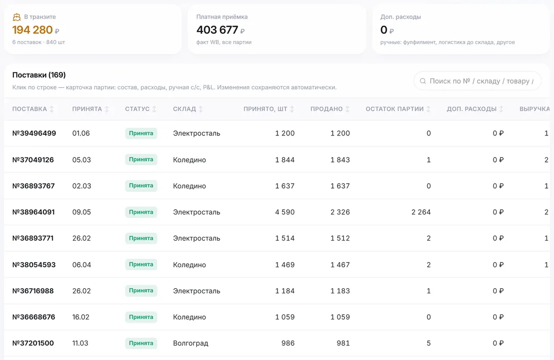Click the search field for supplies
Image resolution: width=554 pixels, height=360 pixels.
click(x=478, y=81)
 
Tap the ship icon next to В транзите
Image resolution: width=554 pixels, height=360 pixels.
click(x=16, y=17)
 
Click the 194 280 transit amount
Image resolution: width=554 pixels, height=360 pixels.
click(x=32, y=30)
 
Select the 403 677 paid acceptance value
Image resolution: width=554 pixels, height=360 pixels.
click(x=217, y=30)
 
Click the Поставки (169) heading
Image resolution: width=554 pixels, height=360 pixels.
click(x=39, y=75)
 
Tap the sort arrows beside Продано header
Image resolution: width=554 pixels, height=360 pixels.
click(x=347, y=109)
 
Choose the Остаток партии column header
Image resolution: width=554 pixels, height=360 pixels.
click(x=394, y=109)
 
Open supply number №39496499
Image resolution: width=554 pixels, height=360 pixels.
click(x=34, y=133)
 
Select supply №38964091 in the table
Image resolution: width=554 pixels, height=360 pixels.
click(x=33, y=212)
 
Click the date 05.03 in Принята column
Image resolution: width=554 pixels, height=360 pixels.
click(x=82, y=159)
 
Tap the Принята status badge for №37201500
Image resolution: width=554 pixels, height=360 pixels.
click(x=141, y=343)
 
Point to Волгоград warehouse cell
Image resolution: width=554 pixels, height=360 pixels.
click(x=191, y=343)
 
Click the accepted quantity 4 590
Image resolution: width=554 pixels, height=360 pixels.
click(x=285, y=212)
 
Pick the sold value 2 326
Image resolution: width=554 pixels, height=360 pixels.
click(x=340, y=212)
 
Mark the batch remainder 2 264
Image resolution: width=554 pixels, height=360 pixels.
click(x=421, y=212)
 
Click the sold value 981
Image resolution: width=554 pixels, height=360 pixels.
click(x=343, y=343)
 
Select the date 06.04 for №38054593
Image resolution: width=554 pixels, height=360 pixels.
click(x=82, y=265)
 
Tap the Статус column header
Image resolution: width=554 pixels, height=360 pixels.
click(x=137, y=109)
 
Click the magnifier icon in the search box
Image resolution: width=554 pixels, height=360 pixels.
click(x=423, y=81)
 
